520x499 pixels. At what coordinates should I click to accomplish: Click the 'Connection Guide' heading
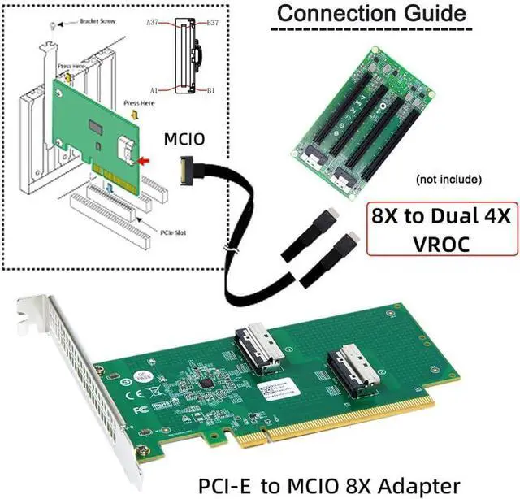pyautogui.click(x=373, y=14)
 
